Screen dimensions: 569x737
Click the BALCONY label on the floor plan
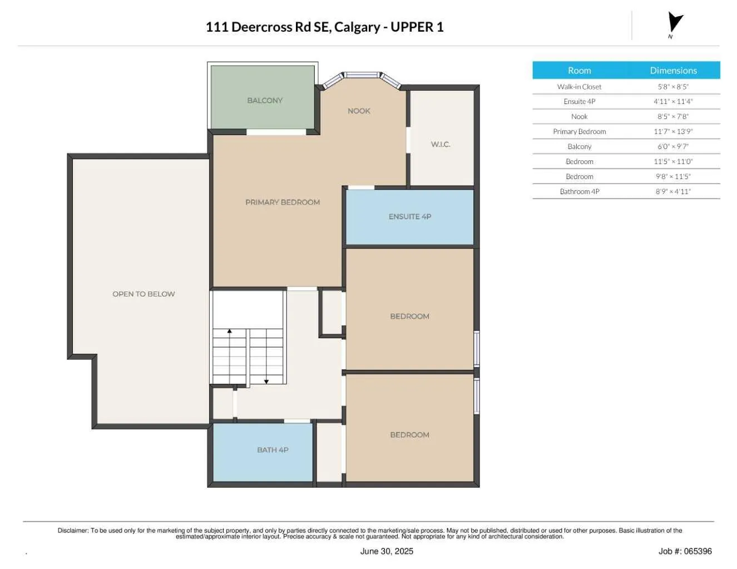tap(265, 101)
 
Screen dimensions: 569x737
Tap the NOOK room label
tap(359, 111)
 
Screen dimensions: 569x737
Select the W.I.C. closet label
tap(441, 145)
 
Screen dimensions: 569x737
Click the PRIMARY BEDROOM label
tap(283, 202)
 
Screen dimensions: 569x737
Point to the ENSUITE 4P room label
tap(410, 217)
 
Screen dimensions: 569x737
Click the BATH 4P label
tap(273, 450)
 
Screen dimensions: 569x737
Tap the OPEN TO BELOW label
tap(144, 294)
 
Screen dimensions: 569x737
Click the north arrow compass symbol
tap(674, 24)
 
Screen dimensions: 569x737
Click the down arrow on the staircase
tap(266, 380)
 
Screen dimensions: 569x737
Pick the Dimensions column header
tap(673, 71)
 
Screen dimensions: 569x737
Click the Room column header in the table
tap(579, 71)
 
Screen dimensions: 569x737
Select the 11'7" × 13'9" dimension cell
tap(673, 132)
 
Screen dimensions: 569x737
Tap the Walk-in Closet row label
tap(579, 87)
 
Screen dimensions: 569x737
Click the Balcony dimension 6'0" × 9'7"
tap(673, 147)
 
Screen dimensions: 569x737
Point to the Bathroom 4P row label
tap(579, 192)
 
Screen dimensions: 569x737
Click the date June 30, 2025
tap(387, 551)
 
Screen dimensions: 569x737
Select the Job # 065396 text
tap(685, 551)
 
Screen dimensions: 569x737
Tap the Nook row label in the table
tap(579, 117)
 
